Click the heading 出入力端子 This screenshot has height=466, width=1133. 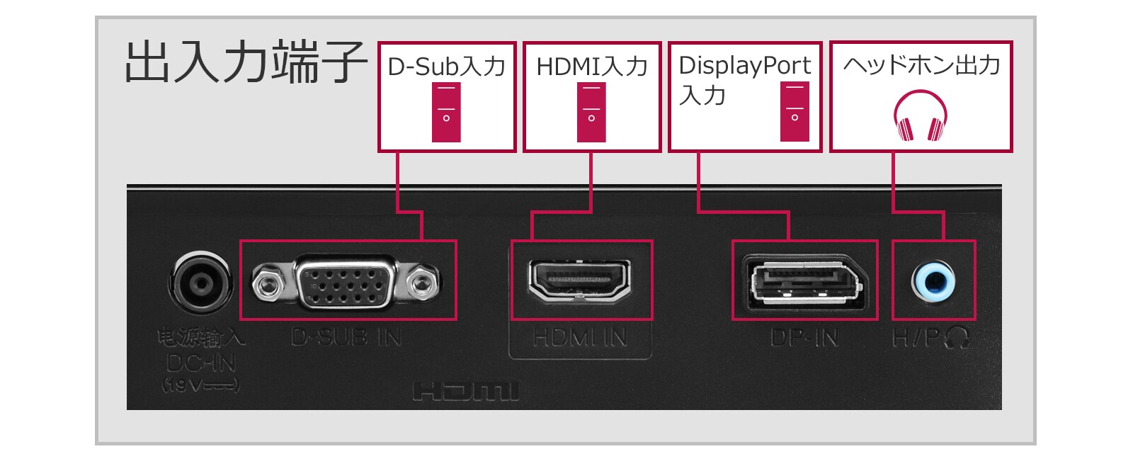tap(244, 63)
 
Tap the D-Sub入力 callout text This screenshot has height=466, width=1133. tap(446, 67)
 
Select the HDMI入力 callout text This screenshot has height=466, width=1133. tap(592, 67)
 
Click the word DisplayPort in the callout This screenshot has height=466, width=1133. tap(744, 65)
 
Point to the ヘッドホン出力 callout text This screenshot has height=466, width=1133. tap(921, 65)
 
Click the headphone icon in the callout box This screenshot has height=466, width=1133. tap(921, 115)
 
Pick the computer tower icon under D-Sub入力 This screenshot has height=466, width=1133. tap(446, 112)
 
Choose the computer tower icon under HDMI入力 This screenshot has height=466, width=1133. tap(591, 112)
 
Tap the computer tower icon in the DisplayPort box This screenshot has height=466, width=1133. tap(795, 111)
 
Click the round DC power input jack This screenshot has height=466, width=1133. tap(201, 283)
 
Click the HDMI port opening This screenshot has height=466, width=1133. tap(579, 280)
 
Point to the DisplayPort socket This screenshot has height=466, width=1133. tap(804, 282)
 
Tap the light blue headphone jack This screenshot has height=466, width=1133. tap(933, 281)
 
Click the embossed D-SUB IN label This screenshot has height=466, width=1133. tap(346, 338)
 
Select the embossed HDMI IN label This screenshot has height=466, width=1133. tap(580, 339)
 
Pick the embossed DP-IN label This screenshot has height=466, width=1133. tap(804, 339)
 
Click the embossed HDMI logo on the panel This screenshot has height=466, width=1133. tap(466, 392)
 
